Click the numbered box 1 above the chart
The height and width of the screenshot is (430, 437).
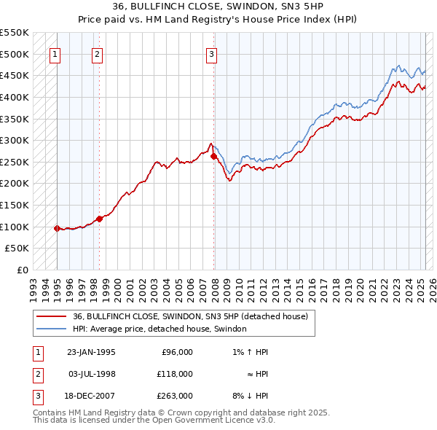tap(56, 53)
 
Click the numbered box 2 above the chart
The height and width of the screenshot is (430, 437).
tap(98, 53)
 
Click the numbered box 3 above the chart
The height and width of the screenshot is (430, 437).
tap(211, 53)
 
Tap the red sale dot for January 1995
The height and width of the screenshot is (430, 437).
tap(57, 228)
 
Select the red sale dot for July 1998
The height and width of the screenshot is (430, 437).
tap(99, 219)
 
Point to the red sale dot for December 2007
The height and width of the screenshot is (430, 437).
tap(213, 156)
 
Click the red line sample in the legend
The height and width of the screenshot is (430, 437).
tap(52, 316)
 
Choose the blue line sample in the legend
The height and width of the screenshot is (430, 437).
tap(52, 329)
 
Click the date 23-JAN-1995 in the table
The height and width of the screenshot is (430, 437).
tap(91, 352)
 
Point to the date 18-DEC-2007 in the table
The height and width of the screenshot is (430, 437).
tap(91, 396)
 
